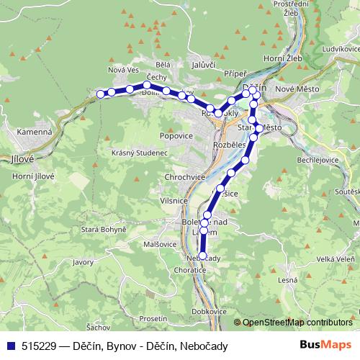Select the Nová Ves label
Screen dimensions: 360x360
pyautogui.click(x=122, y=70)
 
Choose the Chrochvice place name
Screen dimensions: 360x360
pyautogui.click(x=186, y=176)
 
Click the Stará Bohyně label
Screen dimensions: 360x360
pyautogui.click(x=107, y=228)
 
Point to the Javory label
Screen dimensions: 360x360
pyautogui.click(x=84, y=263)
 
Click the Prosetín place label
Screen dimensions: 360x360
pyautogui.click(x=154, y=318)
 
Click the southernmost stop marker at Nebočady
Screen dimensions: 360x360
pyautogui.click(x=202, y=256)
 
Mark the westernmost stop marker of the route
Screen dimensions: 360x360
pyautogui.click(x=101, y=94)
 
